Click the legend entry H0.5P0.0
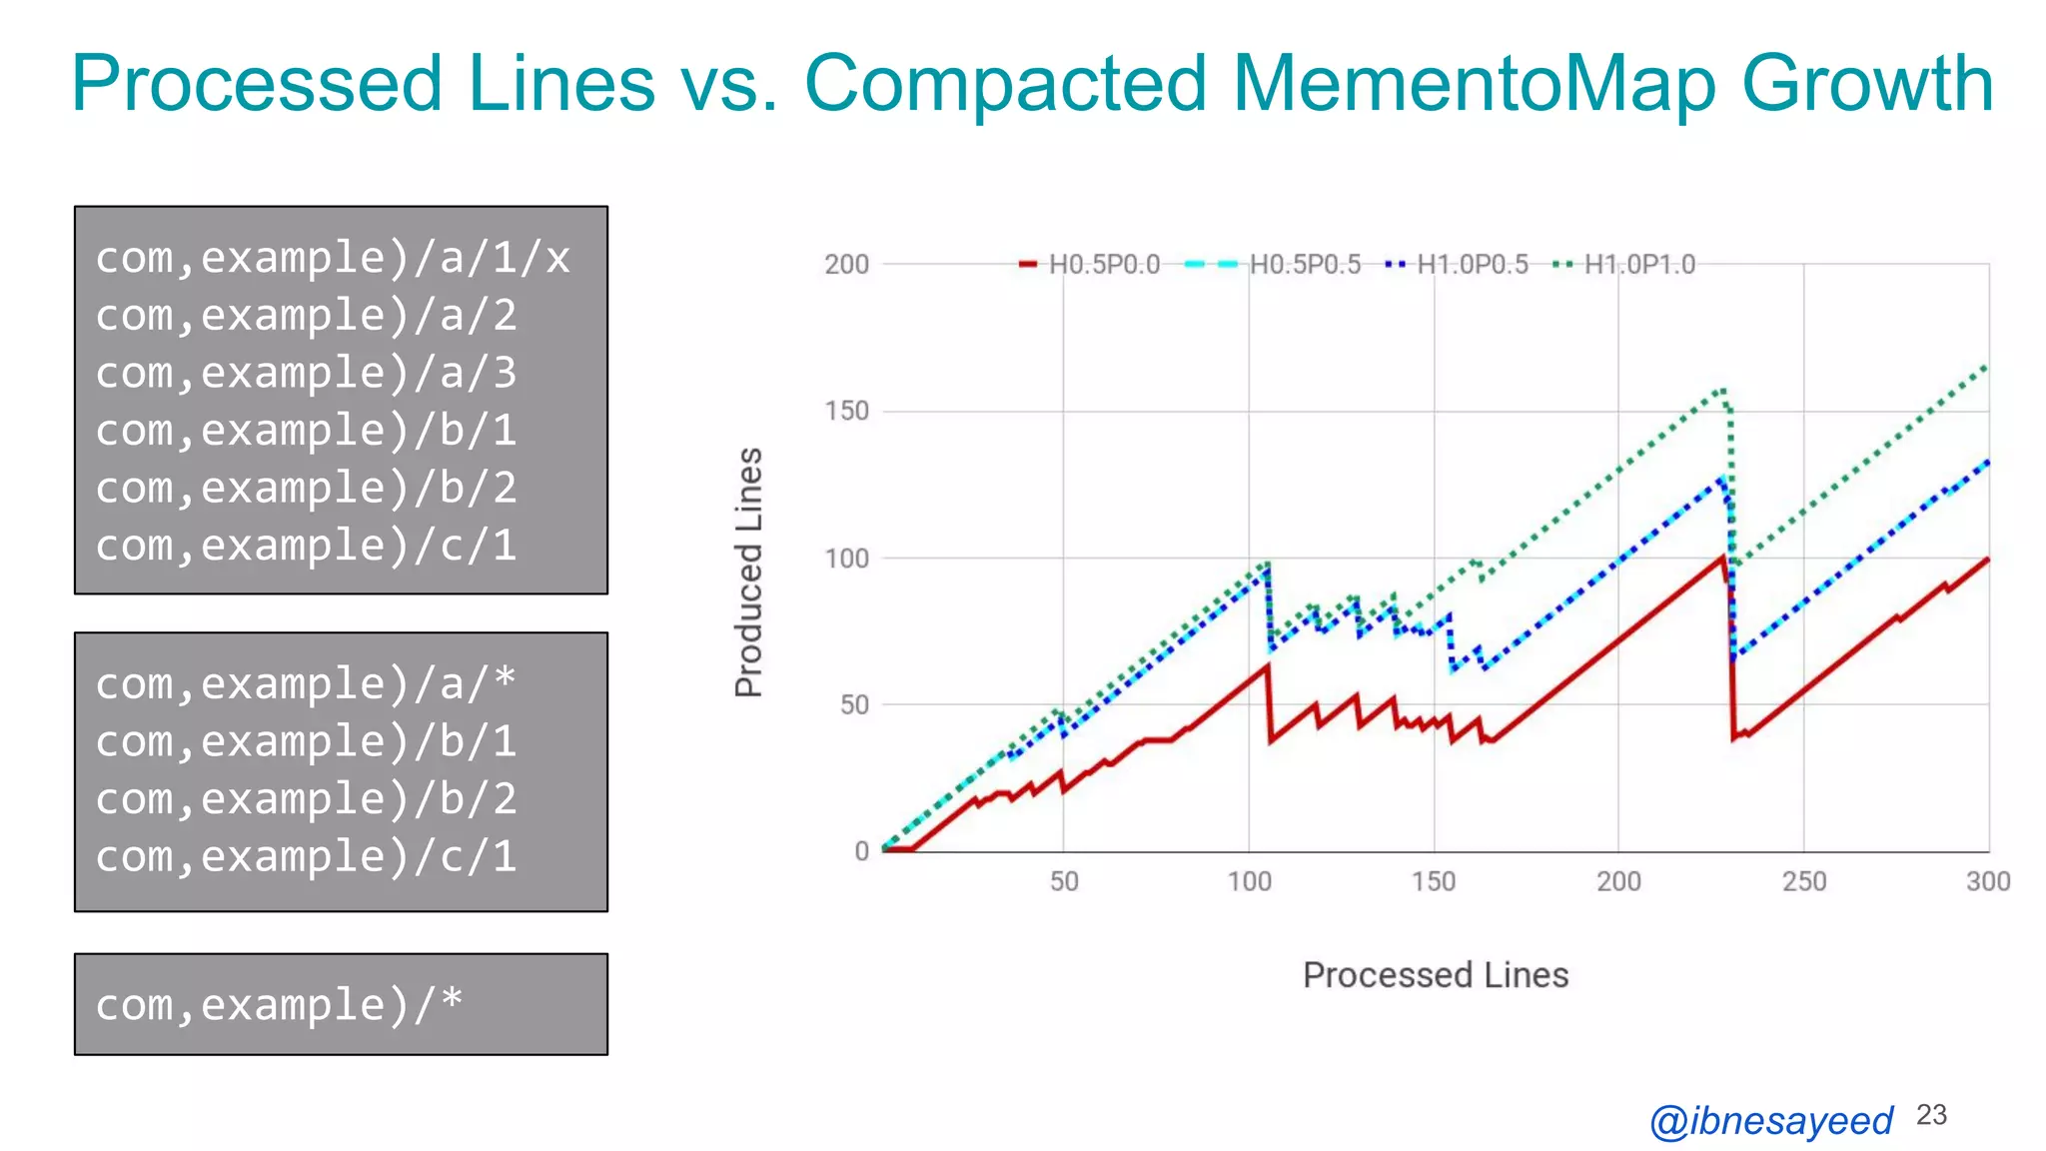pyautogui.click(x=1103, y=265)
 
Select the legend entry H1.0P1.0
pyautogui.click(x=1638, y=265)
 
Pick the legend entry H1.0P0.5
pyautogui.click(x=1472, y=265)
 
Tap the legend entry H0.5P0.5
pyautogui.click(x=1304, y=265)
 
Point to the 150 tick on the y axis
pyautogui.click(x=846, y=412)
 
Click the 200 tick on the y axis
pyautogui.click(x=846, y=265)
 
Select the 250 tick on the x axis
pyautogui.click(x=1804, y=881)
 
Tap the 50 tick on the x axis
pyautogui.click(x=1064, y=881)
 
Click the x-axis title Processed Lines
pyautogui.click(x=1435, y=975)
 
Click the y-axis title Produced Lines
pyautogui.click(x=749, y=572)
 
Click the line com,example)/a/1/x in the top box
pyautogui.click(x=333, y=258)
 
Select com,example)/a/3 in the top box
pyautogui.click(x=306, y=373)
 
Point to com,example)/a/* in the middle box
pyautogui.click(x=306, y=684)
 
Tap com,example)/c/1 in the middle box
pyautogui.click(x=306, y=856)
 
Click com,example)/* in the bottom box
pyautogui.click(x=279, y=1004)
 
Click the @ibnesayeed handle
pyautogui.click(x=1770, y=1120)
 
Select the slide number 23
pyautogui.click(x=1931, y=1115)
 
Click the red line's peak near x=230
pyautogui.click(x=1724, y=558)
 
